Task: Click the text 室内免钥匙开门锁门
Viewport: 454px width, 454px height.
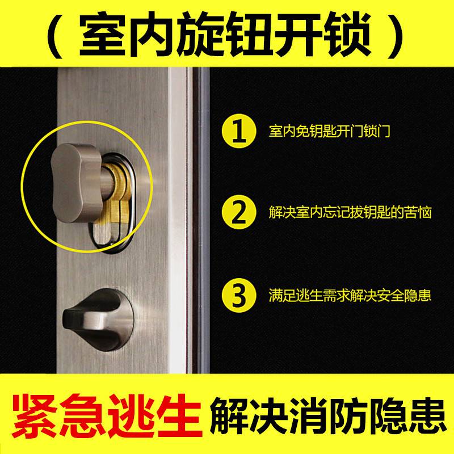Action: coord(329,132)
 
